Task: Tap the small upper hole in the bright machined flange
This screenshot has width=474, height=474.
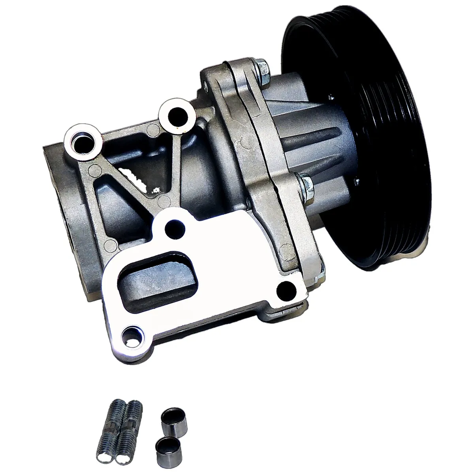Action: coord(173,227)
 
